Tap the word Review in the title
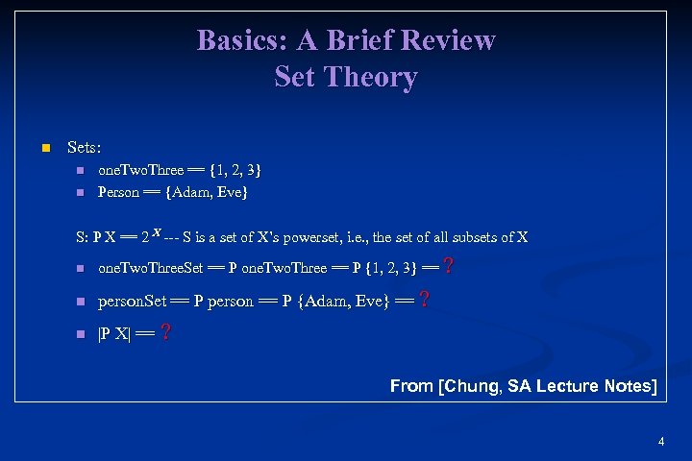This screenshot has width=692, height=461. [449, 40]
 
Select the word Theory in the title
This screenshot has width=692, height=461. [371, 77]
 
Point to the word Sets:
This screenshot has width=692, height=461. [84, 148]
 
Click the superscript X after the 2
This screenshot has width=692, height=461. [157, 231]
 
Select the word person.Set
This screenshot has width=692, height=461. [134, 301]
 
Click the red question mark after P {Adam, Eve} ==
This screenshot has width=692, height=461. [425, 299]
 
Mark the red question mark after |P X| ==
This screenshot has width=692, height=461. [166, 332]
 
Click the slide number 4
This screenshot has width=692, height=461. [661, 442]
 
